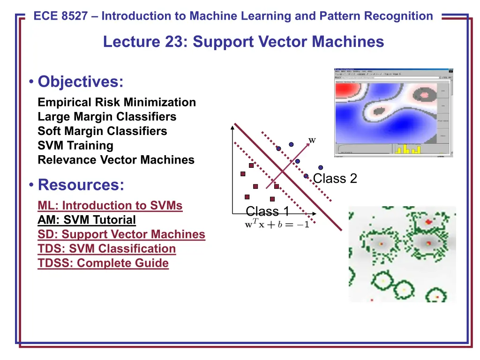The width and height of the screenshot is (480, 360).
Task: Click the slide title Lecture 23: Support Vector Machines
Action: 243,42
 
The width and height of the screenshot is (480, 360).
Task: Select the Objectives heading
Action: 81,82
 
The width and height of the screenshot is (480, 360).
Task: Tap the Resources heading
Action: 81,185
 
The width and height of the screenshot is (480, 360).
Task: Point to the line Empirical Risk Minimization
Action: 117,102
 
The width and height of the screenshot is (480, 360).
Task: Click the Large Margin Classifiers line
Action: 107,117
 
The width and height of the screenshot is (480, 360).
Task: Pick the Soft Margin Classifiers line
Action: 102,131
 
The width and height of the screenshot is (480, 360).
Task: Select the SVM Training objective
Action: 75,145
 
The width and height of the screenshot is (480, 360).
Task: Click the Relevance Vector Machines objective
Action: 116,160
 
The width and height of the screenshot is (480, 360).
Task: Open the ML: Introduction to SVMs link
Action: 110,205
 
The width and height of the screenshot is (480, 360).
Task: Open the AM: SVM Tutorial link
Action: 87,220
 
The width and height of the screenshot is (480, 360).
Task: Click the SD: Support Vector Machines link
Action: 121,234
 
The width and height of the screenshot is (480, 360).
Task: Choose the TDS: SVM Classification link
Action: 107,249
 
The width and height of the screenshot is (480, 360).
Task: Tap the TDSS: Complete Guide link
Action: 103,263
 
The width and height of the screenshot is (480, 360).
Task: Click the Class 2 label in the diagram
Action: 335,179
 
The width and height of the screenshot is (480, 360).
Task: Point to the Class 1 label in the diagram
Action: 267,211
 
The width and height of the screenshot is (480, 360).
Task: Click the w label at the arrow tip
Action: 312,140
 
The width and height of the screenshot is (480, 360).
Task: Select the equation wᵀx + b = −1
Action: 277,225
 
